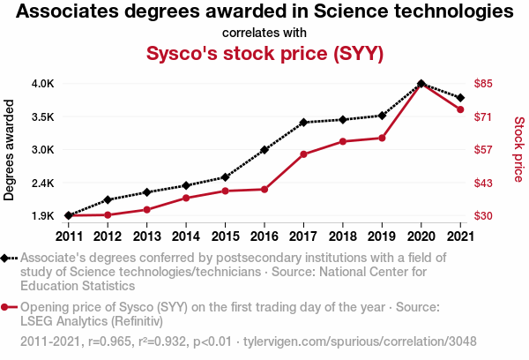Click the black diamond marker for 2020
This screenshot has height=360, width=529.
421,84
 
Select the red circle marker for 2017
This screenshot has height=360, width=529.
303,154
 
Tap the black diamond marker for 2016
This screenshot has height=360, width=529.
264,150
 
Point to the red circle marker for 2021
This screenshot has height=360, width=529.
460,109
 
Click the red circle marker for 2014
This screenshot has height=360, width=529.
186,198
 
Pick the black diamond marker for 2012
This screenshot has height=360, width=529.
108,199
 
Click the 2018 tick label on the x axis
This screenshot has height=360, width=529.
342,236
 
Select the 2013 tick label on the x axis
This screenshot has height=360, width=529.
146,236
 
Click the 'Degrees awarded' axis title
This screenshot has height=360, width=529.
10,150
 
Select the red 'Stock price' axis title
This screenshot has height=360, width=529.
518,150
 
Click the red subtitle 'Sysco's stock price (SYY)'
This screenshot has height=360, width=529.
264,53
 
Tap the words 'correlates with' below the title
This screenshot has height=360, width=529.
264,33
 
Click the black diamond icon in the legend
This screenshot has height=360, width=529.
7,258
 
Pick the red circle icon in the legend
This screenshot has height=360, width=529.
7,307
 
